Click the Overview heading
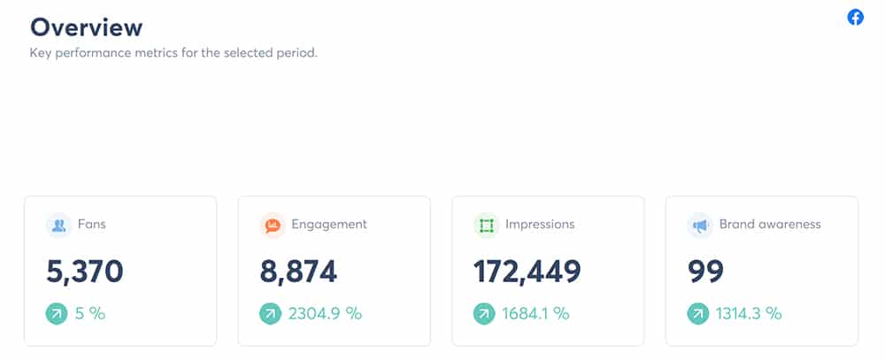tap(86, 27)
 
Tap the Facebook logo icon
tap(856, 17)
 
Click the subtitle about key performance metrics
tap(173, 53)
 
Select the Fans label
tap(91, 225)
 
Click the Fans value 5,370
tap(85, 272)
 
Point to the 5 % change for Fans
tap(90, 313)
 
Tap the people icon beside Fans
tap(59, 226)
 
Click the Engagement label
tap(329, 225)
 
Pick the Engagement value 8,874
tap(298, 272)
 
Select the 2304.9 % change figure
tap(325, 313)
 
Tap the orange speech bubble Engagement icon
tap(273, 226)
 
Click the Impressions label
tap(540, 225)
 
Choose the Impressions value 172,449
tap(527, 272)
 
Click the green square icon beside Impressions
tap(486, 226)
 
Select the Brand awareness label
tap(770, 225)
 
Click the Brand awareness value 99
tap(705, 272)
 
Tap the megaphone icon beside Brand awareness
tap(700, 226)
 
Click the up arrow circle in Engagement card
tap(271, 313)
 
